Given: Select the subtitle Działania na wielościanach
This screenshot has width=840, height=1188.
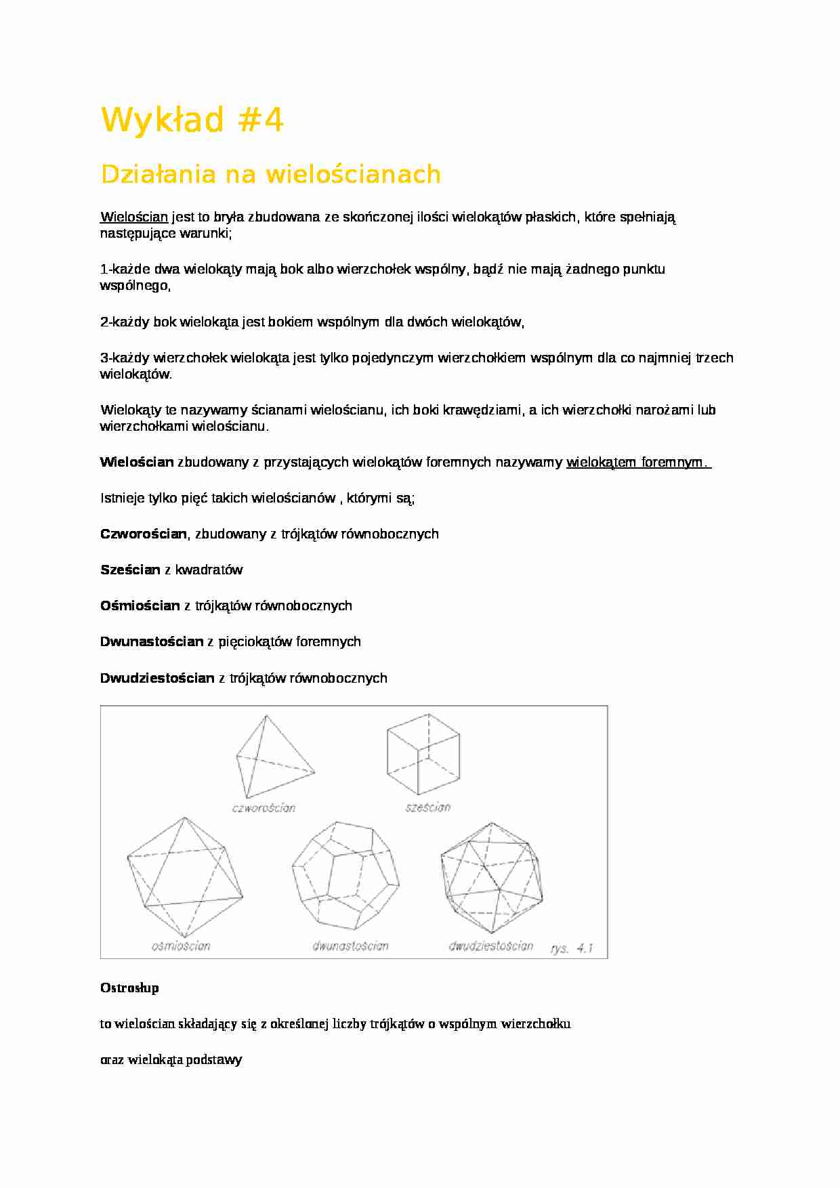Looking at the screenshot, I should pos(270,175).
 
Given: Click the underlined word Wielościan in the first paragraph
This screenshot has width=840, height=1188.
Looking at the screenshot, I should pos(134,217).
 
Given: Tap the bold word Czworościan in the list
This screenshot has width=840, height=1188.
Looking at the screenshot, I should pos(143,534).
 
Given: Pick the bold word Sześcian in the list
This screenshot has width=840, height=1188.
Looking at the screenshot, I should pos(130,570).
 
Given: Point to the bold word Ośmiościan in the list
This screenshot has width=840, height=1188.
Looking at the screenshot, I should pos(140,606).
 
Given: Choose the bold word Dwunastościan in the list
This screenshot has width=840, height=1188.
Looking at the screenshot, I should pos(152,641).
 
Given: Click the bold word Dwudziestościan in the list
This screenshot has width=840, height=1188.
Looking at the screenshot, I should pos(157,678).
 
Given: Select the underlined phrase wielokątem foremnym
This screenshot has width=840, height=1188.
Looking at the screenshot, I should pos(637,463).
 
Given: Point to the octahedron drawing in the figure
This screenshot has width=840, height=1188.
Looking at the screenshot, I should pos(184,877).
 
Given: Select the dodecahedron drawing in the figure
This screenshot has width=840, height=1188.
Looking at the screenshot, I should pos(346,878).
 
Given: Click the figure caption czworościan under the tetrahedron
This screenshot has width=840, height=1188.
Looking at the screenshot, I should pos(264,807).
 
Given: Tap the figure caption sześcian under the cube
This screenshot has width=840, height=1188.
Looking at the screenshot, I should pos(428,807).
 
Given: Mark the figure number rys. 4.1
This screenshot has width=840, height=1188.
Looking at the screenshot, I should pos(572,948).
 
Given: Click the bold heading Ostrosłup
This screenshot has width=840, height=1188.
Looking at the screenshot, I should pos(129,988).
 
